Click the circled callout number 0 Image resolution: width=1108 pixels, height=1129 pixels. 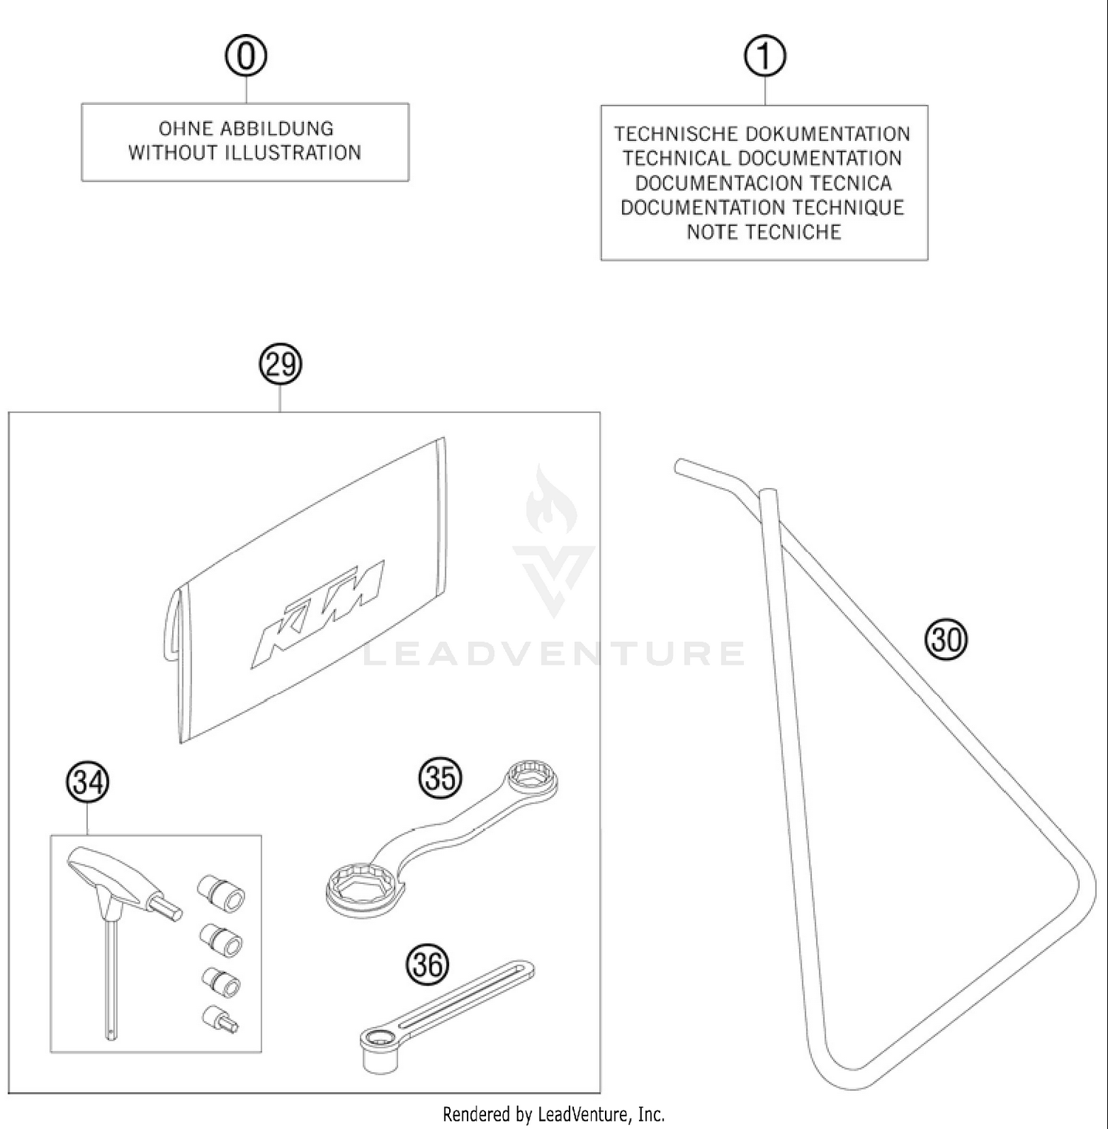pos(246,57)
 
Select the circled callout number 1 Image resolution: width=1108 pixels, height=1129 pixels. pos(765,57)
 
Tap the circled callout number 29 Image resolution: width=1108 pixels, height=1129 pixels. pos(281,365)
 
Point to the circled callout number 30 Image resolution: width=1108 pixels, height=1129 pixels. pos(946,639)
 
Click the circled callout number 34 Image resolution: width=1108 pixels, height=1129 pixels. pos(88,782)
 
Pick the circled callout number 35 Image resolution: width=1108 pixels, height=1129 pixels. pos(440,778)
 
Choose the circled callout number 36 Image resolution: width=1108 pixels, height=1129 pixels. pos(428,964)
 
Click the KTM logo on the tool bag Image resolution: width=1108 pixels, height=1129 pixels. pos(318,613)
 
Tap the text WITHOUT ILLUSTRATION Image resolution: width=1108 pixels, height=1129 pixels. pos(244,153)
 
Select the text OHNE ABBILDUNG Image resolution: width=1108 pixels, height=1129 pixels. pos(246,128)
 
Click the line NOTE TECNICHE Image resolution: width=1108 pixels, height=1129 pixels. pos(764,232)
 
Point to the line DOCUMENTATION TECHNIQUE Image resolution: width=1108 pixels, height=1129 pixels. pos(762,207)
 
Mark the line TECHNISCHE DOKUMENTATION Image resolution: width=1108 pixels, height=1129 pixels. pos(762,134)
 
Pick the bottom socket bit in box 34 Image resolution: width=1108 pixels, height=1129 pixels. pos(220,1019)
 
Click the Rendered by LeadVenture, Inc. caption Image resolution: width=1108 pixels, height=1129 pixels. pos(553,1113)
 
